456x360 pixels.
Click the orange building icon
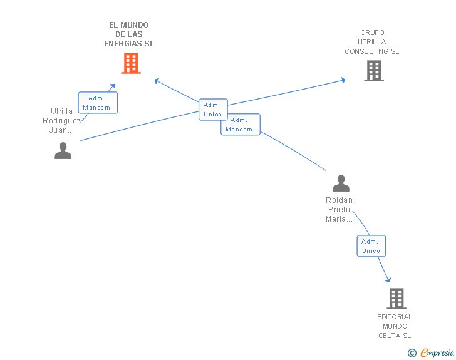click(130, 63)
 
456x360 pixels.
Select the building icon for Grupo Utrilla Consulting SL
click(374, 71)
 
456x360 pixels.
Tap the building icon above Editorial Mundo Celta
click(396, 299)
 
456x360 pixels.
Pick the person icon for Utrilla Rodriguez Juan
click(63, 151)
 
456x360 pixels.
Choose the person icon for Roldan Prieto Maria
click(341, 183)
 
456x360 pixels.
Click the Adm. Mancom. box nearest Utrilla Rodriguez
click(97, 103)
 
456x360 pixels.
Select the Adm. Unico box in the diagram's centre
click(212, 110)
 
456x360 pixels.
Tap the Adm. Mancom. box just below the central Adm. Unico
click(240, 125)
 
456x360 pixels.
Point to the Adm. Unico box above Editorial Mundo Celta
click(371, 246)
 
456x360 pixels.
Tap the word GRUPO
click(372, 33)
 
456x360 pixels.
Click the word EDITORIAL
click(395, 317)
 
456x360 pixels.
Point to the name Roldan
click(339, 200)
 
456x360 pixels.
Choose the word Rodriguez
click(61, 121)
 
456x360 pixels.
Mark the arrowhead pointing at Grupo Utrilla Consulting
click(343, 80)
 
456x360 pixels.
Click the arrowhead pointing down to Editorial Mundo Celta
click(388, 279)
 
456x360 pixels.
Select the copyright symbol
click(412, 353)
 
